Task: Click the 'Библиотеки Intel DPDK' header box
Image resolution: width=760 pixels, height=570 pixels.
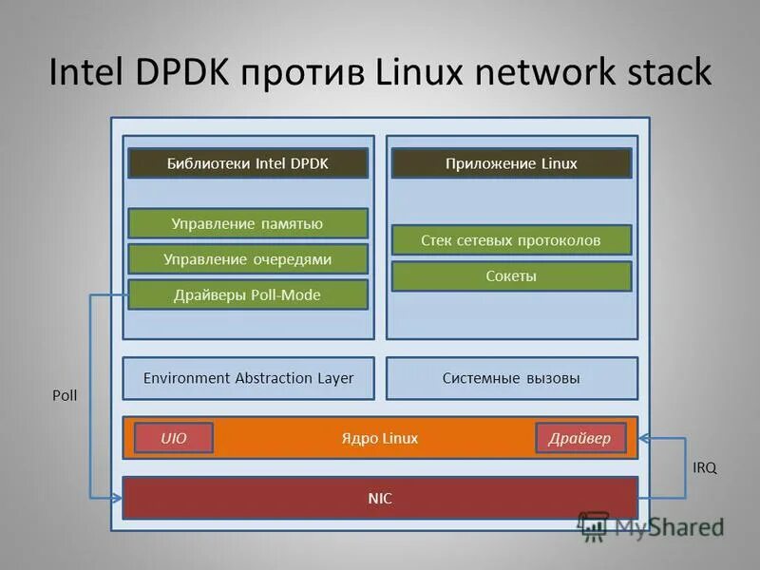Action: point(248,163)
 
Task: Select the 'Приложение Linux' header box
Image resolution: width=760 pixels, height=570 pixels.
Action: point(511,163)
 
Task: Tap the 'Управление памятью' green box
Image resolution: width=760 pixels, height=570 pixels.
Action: point(248,223)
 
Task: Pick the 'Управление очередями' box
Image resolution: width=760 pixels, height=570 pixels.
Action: point(248,258)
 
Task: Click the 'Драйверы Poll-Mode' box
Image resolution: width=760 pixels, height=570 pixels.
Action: point(248,294)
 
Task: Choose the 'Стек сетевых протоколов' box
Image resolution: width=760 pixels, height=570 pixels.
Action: point(511,240)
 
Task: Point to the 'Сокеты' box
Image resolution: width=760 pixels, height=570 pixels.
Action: point(511,276)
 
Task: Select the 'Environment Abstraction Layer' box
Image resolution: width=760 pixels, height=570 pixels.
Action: point(248,378)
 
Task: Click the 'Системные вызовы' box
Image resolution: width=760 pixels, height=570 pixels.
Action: point(511,378)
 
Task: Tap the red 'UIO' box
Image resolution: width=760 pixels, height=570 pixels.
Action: point(174,438)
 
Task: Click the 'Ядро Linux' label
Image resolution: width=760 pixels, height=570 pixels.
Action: point(379,438)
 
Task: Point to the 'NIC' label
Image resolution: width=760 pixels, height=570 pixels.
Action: point(380,498)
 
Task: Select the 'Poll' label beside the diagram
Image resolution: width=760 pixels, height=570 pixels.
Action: point(65,395)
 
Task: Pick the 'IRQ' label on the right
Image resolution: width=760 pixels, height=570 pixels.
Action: point(705,467)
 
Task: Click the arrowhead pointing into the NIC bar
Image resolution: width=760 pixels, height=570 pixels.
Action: point(117,498)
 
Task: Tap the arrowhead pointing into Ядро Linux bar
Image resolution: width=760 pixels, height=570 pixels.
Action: point(645,438)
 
